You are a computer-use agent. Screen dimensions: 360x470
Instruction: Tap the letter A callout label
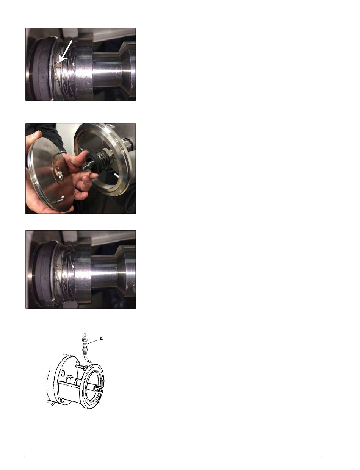[101, 339]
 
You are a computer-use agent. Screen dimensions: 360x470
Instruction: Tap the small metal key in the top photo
[58, 64]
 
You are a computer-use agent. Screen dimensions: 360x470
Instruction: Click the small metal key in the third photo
[58, 267]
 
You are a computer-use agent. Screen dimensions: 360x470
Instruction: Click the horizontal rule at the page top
[174, 19]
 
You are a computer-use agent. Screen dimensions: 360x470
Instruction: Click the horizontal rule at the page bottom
[174, 456]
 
